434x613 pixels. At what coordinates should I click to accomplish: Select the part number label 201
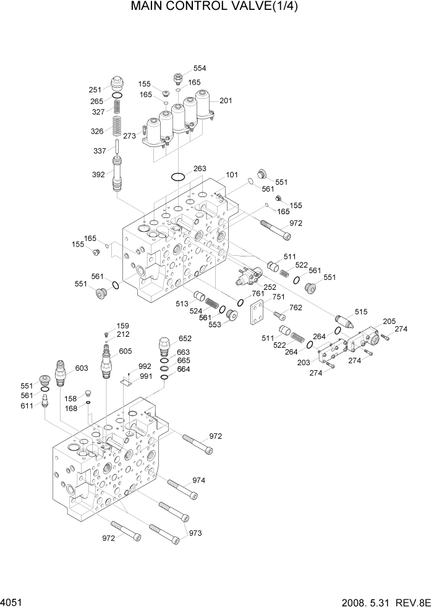point(226,101)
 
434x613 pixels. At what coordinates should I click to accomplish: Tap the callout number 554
point(200,69)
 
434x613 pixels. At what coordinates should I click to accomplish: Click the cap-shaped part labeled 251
point(116,84)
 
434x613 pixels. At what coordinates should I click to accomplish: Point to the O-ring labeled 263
point(178,177)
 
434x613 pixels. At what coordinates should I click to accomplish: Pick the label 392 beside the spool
point(98,175)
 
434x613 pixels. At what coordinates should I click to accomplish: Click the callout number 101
point(231,175)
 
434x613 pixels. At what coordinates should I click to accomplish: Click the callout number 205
point(389,321)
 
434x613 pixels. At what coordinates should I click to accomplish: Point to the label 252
point(270,287)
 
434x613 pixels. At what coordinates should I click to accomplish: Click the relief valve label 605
point(126,351)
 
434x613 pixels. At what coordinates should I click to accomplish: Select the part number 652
point(185,339)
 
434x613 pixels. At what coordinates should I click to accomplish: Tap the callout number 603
point(82,368)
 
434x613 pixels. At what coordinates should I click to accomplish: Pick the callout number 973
point(196,533)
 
